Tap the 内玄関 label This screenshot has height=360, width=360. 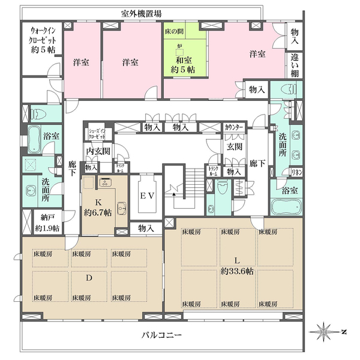[97, 151]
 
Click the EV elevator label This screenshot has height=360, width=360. [147, 196]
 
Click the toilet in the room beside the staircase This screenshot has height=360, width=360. [223, 191]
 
